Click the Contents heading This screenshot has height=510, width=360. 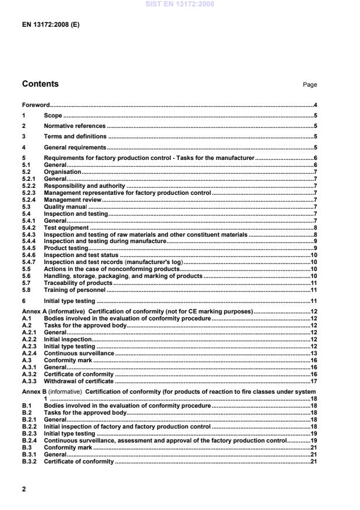[x=40, y=84]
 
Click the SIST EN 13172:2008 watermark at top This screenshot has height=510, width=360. [x=180, y=4]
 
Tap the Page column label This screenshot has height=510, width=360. [x=309, y=85]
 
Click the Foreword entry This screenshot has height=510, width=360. [x=35, y=105]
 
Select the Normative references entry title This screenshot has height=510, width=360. [x=74, y=126]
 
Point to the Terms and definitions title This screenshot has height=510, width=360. [x=76, y=137]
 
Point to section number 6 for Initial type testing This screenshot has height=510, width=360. [x=24, y=301]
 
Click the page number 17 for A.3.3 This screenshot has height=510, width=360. [x=313, y=381]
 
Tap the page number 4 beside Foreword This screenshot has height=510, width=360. [x=315, y=105]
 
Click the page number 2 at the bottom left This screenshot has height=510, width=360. [x=24, y=489]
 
